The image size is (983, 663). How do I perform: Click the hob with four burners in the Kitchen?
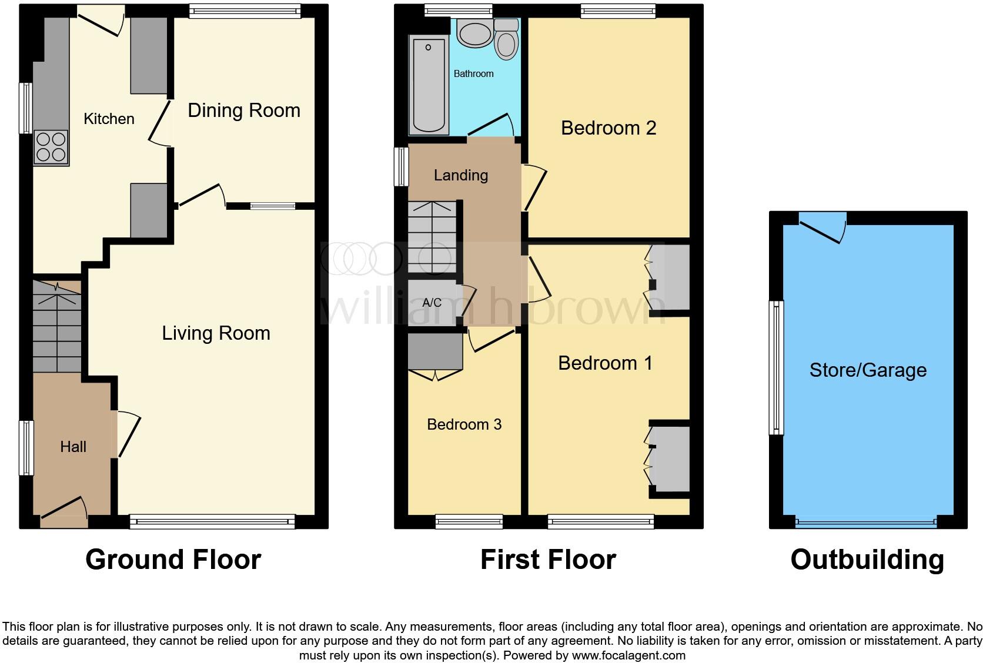point(51,147)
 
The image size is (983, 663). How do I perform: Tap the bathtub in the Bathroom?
point(429,85)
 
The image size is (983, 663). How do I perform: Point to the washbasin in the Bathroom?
point(475,34)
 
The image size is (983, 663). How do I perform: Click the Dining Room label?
point(244,110)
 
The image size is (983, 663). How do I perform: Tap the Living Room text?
point(216,333)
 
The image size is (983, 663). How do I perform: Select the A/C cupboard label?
point(432,303)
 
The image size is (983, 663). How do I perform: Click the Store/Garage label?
point(868,370)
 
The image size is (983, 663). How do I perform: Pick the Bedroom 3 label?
point(464,424)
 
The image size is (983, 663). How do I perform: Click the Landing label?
point(461,175)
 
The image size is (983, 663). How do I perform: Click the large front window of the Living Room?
point(212,521)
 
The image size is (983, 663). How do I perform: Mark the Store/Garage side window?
point(777,368)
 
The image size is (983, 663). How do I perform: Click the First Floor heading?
point(548,560)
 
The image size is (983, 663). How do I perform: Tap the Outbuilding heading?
point(867,560)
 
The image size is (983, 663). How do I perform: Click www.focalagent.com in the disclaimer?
point(628,655)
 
